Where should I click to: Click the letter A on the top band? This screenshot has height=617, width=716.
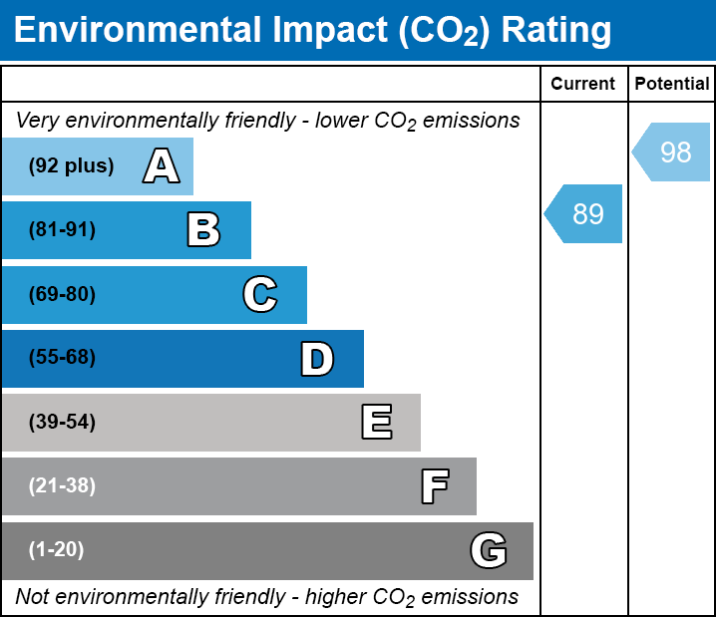click(x=162, y=165)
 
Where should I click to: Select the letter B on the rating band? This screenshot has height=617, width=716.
click(x=203, y=230)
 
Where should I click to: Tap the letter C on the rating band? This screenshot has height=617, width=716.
click(x=260, y=294)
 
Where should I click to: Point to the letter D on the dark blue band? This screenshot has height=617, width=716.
click(x=317, y=359)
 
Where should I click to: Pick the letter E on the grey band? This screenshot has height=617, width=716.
click(x=376, y=423)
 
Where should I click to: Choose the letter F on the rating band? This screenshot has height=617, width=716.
click(x=434, y=486)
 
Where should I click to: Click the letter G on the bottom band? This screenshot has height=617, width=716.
click(x=489, y=550)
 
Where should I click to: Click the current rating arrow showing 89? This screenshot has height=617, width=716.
click(x=584, y=213)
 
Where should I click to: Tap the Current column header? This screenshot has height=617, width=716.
click(x=583, y=85)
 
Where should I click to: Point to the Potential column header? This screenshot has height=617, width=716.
click(x=672, y=85)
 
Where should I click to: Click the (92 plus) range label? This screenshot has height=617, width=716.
click(x=71, y=166)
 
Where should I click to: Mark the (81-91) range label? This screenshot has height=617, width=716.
click(x=62, y=230)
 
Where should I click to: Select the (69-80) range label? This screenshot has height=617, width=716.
click(x=62, y=295)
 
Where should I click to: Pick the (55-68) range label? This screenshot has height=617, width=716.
click(x=62, y=358)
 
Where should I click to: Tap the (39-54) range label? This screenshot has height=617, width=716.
click(x=62, y=423)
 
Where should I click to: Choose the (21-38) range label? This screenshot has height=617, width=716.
click(x=62, y=486)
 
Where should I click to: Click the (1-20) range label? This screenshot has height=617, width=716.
click(x=57, y=550)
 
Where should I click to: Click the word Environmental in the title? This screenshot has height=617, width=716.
click(x=136, y=30)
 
